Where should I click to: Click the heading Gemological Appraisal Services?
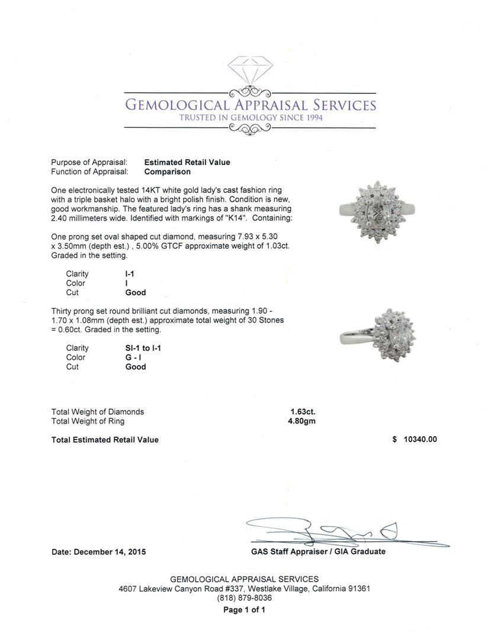click(x=250, y=105)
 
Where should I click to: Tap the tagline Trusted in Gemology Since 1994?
click(x=250, y=118)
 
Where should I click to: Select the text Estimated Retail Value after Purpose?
click(x=187, y=162)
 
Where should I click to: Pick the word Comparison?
click(x=168, y=172)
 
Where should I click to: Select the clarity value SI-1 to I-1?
click(x=139, y=348)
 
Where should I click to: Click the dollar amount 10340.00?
click(x=419, y=440)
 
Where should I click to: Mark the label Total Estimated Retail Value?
click(x=105, y=440)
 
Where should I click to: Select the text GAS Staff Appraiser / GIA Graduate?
click(x=318, y=551)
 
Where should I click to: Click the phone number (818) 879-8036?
click(x=244, y=598)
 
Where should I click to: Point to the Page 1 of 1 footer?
click(x=244, y=610)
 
